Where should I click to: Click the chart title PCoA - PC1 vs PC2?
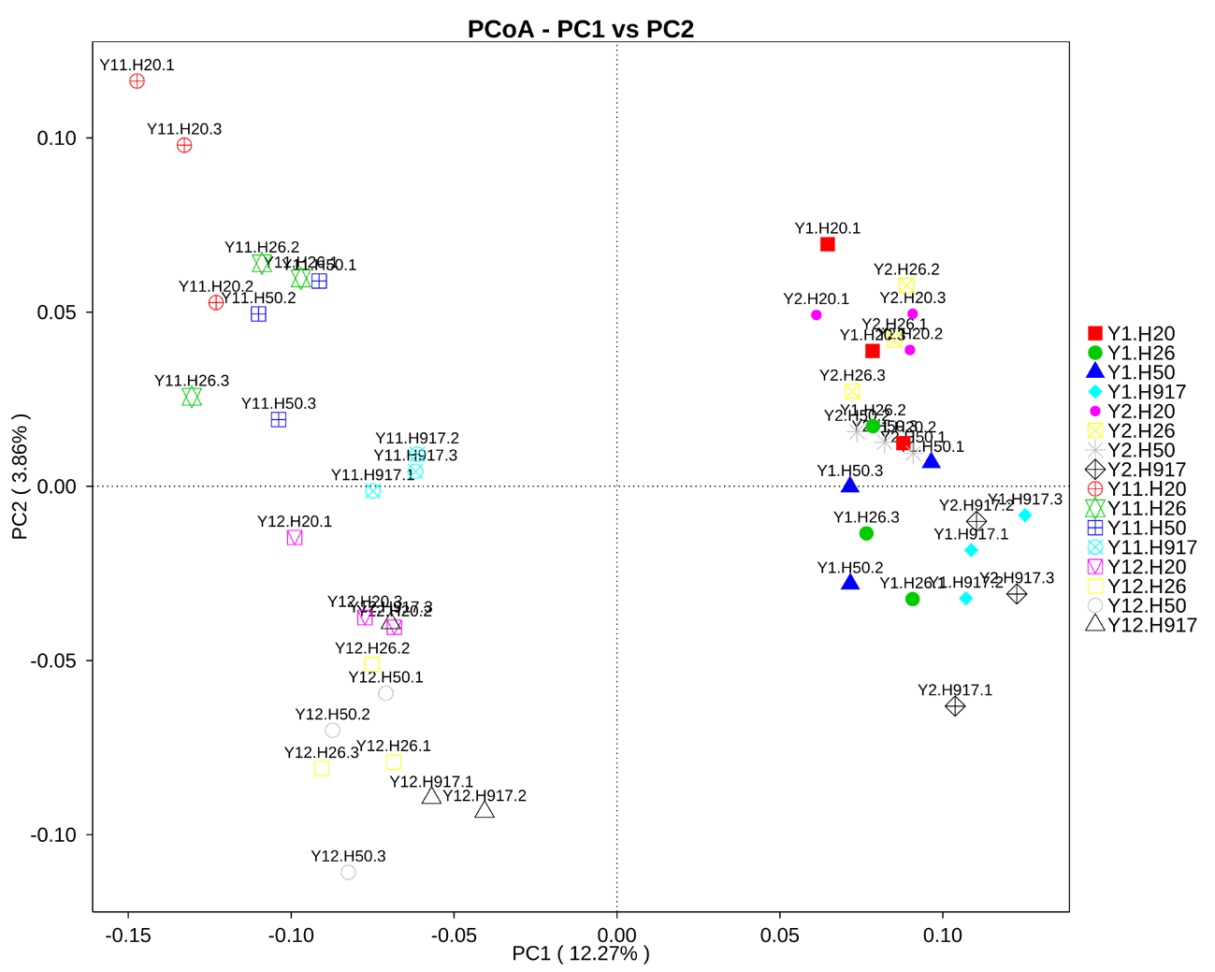coord(580,29)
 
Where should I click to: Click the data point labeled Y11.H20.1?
coord(137,81)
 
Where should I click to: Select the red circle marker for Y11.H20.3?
coord(184,145)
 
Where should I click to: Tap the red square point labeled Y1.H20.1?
coord(827,244)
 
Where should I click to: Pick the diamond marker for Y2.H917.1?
coord(954,706)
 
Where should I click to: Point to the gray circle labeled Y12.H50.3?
coord(348,872)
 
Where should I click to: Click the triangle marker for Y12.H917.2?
coord(485,810)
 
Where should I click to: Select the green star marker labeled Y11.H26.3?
coord(192,398)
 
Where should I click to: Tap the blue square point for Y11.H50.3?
coord(278,420)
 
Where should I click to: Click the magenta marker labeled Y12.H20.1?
coord(295,538)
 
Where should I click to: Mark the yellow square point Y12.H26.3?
coord(321,769)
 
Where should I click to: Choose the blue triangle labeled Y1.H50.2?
coord(850,582)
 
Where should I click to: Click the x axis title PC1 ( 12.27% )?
coord(580,953)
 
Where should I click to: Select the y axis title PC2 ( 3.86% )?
coord(20,477)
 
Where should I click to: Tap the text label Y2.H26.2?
coord(906,269)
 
